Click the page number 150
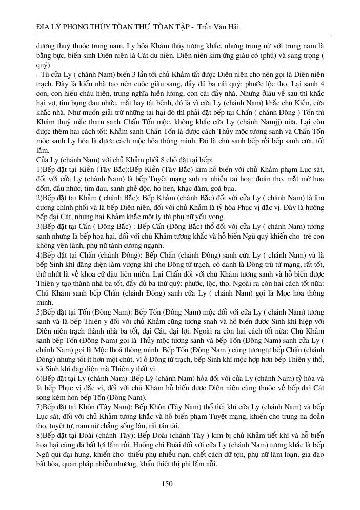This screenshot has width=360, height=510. tap(167, 484)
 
